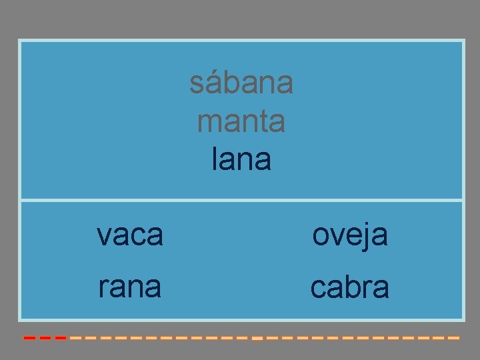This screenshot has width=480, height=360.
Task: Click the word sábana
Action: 241,83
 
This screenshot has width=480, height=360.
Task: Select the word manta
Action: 241,122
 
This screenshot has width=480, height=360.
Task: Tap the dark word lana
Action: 241,159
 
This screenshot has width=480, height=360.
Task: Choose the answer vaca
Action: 129,235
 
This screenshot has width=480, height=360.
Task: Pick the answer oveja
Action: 350,235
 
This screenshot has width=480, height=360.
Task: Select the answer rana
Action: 129,287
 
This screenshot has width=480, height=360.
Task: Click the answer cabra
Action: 350,287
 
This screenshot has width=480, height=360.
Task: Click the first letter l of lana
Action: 215,159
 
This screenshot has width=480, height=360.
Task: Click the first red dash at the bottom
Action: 29,338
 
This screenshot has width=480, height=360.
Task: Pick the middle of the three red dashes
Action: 45,338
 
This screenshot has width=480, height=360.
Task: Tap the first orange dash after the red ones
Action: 75,338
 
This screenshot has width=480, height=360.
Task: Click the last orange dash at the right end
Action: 454,338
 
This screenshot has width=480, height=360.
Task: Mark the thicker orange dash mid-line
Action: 257,339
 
